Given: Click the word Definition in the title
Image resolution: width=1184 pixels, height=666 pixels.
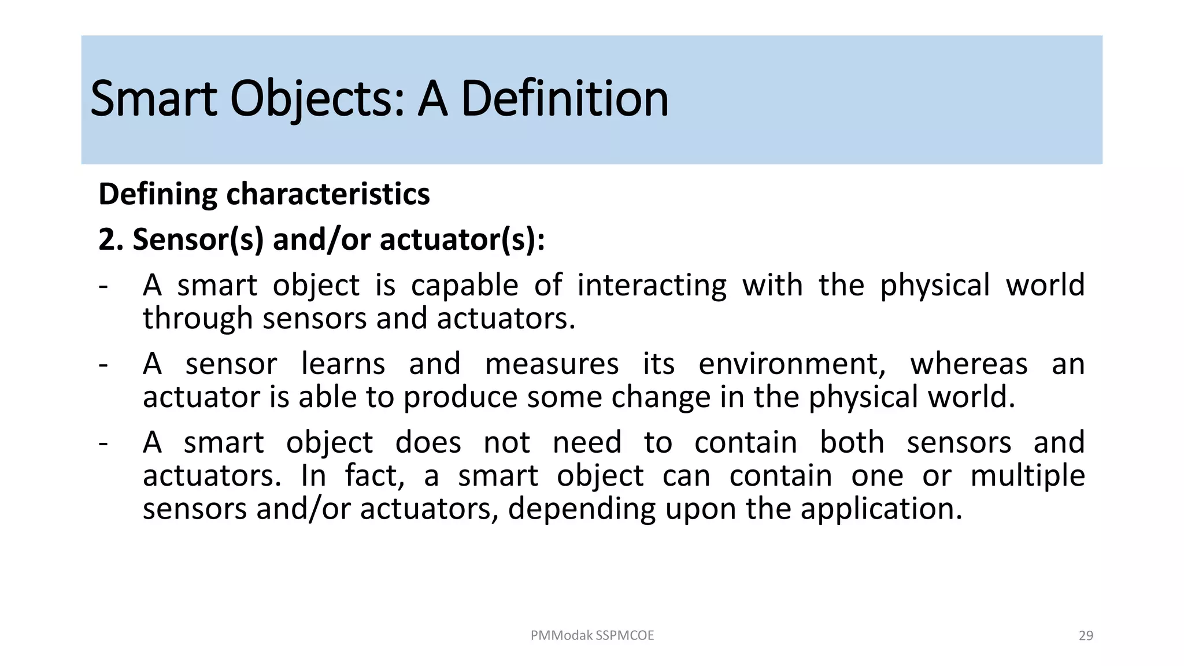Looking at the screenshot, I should pos(564,99).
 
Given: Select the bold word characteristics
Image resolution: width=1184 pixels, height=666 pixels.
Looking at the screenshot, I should pos(328,194).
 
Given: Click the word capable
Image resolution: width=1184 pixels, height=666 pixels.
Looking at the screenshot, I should pos(464,285).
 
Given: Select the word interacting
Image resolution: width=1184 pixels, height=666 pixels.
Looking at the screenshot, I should pos(652,285).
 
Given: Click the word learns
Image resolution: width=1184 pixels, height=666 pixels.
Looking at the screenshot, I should pos(343,364).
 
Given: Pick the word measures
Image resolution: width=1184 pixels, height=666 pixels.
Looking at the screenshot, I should pos(552,364).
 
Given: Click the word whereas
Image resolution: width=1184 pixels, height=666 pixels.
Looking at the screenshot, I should pos(969,364).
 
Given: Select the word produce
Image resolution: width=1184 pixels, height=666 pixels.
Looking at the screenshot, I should pos(460,397).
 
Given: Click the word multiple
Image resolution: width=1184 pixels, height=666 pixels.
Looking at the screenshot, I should pos(1027,476).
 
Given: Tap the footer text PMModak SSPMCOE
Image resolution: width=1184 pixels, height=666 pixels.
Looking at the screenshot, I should pos(592,635).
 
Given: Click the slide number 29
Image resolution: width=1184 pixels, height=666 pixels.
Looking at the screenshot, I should pos(1086,635).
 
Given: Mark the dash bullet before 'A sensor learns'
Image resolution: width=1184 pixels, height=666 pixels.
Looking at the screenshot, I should pos(103,365).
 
